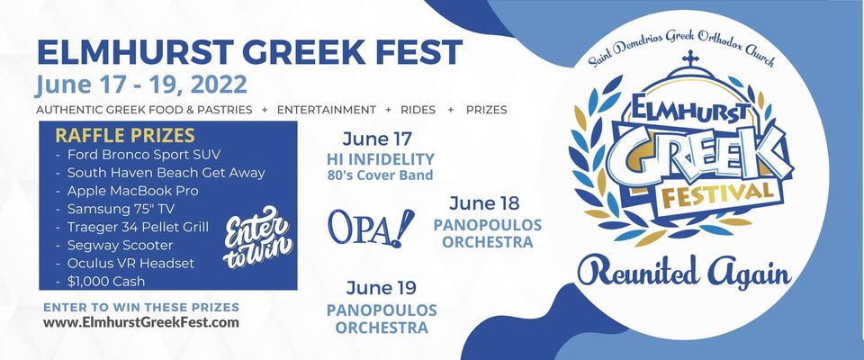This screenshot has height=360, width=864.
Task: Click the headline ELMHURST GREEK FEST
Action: click(x=249, y=52)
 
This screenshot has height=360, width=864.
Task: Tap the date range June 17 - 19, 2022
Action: click(x=141, y=85)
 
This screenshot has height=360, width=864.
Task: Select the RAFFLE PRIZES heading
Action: click(x=125, y=136)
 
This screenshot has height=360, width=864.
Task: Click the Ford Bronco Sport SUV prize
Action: click(x=138, y=155)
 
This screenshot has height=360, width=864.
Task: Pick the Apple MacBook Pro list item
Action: click(x=127, y=191)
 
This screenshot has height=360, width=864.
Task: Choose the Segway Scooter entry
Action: click(x=114, y=246)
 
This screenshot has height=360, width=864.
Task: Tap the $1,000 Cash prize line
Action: click(x=101, y=281)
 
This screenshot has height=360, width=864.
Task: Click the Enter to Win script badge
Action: click(x=258, y=238)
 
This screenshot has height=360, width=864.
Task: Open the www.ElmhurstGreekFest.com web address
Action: click(x=141, y=322)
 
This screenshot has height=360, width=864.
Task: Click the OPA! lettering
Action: click(x=371, y=227)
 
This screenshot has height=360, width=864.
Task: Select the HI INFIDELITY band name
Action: click(x=380, y=159)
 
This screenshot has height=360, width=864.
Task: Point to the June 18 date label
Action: click(x=484, y=203)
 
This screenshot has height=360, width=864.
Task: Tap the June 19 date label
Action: click(x=382, y=288)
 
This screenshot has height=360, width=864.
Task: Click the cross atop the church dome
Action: click(x=690, y=58)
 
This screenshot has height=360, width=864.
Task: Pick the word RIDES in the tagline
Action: click(x=418, y=110)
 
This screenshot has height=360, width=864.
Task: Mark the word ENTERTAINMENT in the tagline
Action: click(x=327, y=110)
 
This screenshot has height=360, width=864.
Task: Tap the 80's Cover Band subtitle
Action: click(x=380, y=175)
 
